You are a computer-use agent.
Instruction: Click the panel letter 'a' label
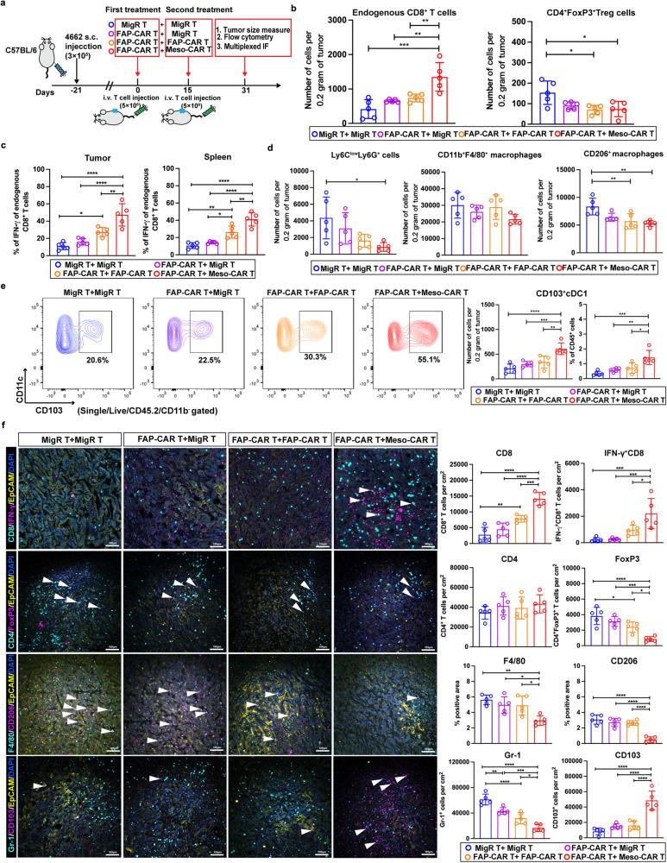[6, 7]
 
